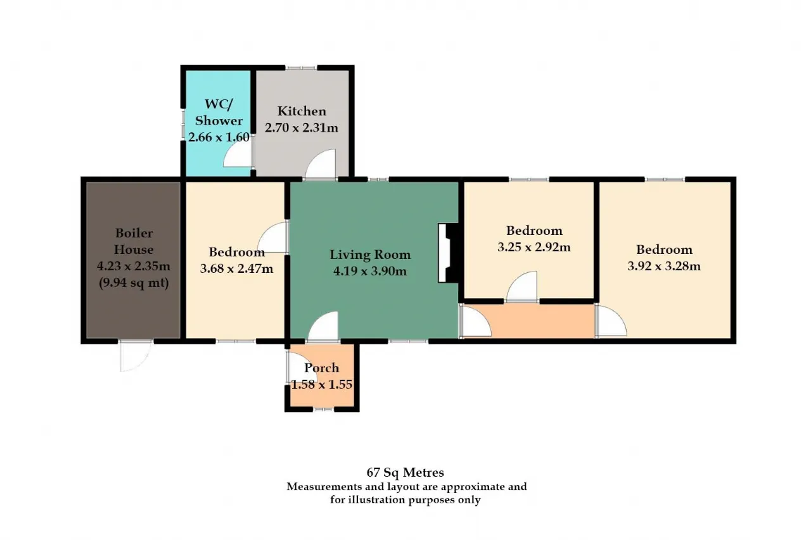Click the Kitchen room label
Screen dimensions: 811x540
click(x=302, y=111)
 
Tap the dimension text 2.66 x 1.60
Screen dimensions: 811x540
click(x=219, y=137)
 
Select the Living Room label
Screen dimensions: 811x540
click(x=370, y=254)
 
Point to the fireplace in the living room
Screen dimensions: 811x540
click(x=449, y=253)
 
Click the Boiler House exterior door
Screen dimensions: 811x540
click(x=135, y=356)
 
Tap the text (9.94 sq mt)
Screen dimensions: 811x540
click(x=134, y=283)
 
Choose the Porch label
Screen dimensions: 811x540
click(x=321, y=368)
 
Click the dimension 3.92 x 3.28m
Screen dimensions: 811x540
click(x=664, y=267)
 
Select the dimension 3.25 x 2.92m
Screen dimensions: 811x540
click(x=534, y=248)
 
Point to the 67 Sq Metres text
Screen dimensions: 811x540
click(x=405, y=472)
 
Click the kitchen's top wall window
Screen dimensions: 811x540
click(x=301, y=68)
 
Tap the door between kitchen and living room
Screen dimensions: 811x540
click(x=321, y=165)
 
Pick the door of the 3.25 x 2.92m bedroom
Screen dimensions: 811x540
click(x=521, y=286)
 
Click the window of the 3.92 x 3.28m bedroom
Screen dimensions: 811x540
click(x=665, y=179)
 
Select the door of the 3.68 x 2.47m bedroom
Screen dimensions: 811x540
click(x=273, y=237)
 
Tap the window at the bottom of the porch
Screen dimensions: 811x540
click(x=323, y=410)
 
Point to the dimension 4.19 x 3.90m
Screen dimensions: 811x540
click(x=370, y=271)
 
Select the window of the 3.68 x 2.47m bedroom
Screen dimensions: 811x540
click(x=236, y=341)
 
